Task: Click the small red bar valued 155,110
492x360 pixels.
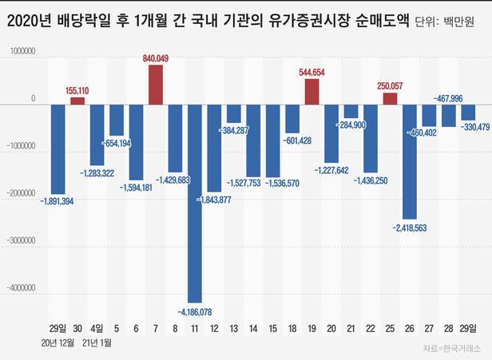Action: pyautogui.click(x=77, y=101)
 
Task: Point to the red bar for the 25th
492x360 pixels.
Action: pyautogui.click(x=390, y=98)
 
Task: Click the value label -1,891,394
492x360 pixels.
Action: pyautogui.click(x=57, y=201)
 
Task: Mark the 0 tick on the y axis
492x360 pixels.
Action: pyautogui.click(x=33, y=100)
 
